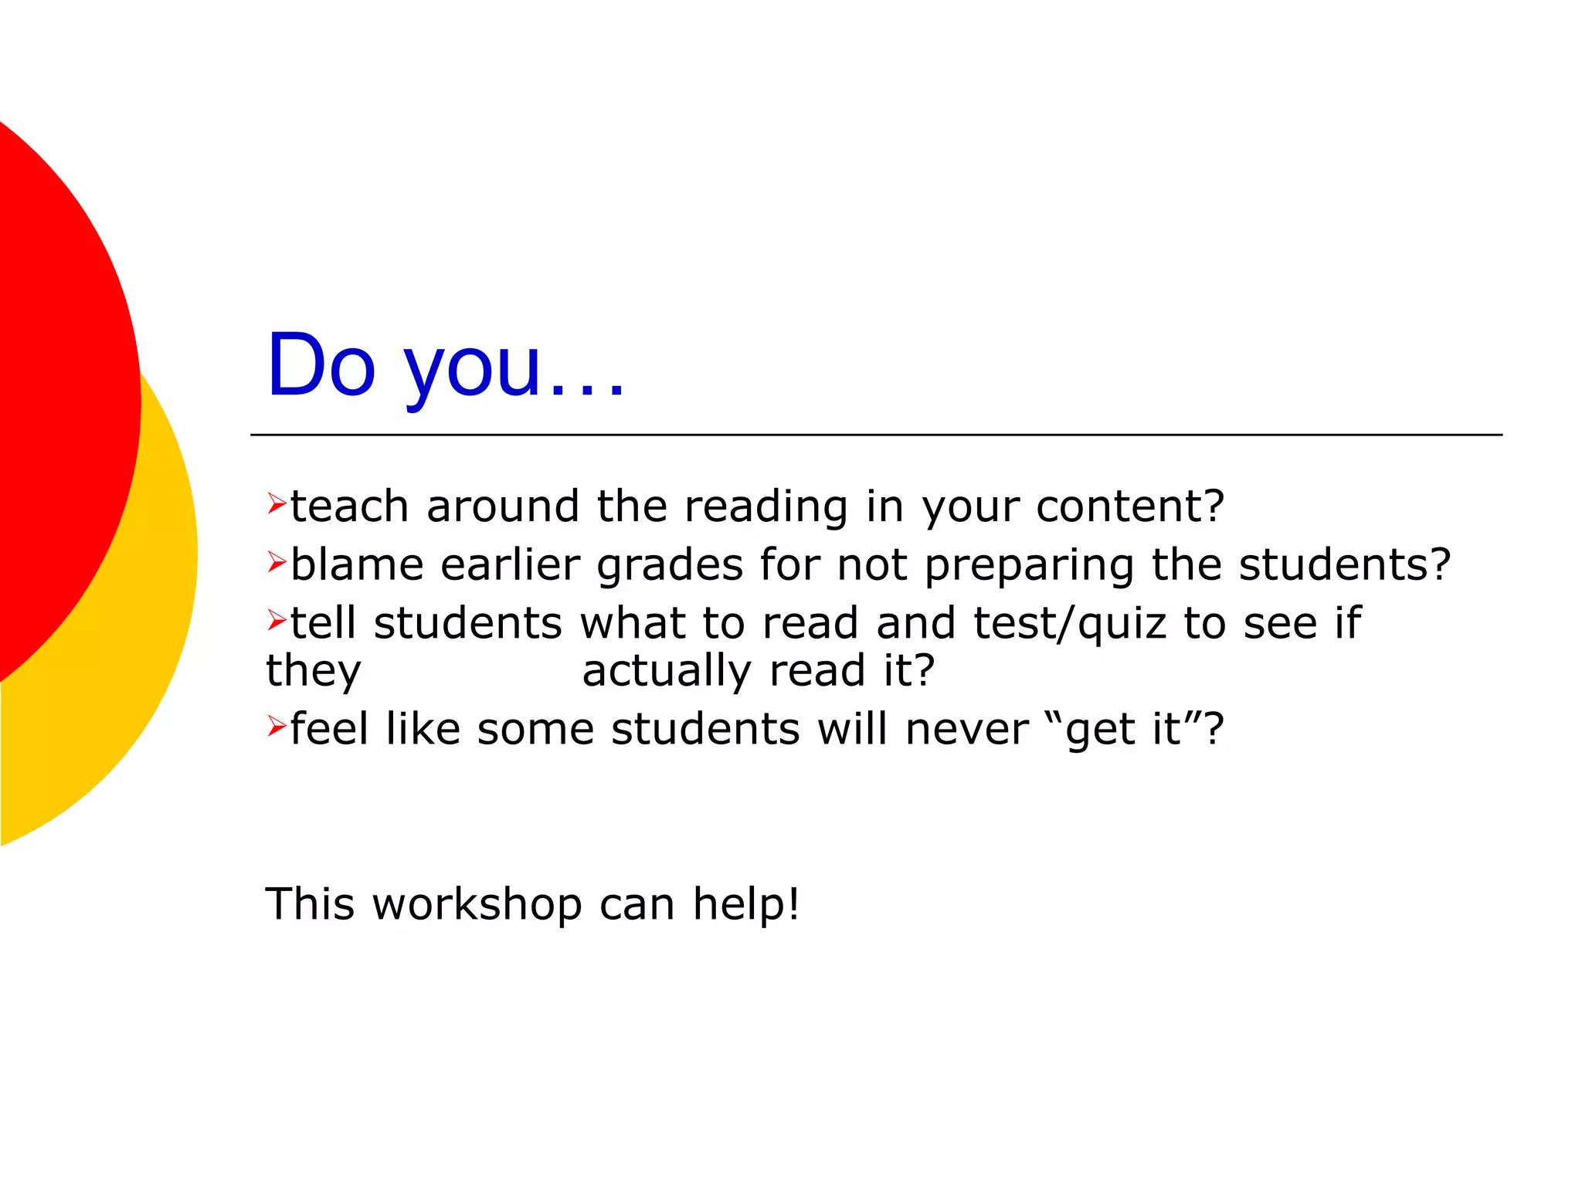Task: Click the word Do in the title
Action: pos(321,365)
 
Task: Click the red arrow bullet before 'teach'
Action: pos(277,503)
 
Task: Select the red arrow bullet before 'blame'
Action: pos(277,561)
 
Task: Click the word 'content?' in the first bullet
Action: pos(1129,507)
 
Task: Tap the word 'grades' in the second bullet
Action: pos(670,566)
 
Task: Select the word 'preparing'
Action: pos(1029,566)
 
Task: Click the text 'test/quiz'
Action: pos(1070,624)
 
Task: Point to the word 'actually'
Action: pos(666,672)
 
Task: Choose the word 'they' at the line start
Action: pos(314,672)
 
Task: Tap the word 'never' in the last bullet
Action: pos(966,730)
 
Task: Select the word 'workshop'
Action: pos(477,904)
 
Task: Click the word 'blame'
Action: pos(357,564)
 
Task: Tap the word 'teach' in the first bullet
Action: pos(349,507)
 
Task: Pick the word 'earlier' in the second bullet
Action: pos(510,564)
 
